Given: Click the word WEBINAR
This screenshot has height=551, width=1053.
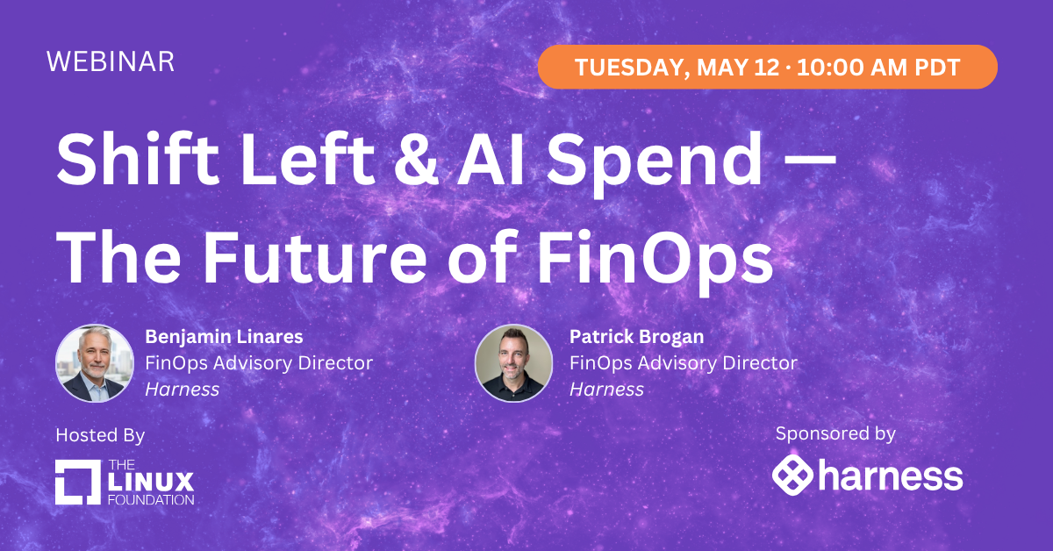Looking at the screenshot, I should pyautogui.click(x=111, y=61).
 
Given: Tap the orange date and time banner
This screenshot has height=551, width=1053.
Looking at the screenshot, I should pyautogui.click(x=767, y=67).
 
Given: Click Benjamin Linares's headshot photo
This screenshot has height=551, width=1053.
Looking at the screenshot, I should pyautogui.click(x=94, y=363).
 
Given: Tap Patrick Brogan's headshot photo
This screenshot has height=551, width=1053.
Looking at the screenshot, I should pyautogui.click(x=513, y=363).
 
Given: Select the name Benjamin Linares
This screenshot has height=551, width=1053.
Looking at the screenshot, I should pyautogui.click(x=225, y=336).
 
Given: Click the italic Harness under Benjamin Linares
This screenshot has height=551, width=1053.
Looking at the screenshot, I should pyautogui.click(x=182, y=390).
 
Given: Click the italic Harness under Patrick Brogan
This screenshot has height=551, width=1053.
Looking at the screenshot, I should pyautogui.click(x=606, y=390).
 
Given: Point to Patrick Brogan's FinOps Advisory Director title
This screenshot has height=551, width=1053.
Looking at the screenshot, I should pyautogui.click(x=683, y=362).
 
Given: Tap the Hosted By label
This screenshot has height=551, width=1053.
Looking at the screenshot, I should pyautogui.click(x=100, y=436).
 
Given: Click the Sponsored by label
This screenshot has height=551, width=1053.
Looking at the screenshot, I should pyautogui.click(x=835, y=433).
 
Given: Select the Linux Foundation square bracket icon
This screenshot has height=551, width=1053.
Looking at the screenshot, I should pyautogui.click(x=78, y=483).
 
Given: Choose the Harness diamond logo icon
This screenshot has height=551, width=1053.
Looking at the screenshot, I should pyautogui.click(x=792, y=476).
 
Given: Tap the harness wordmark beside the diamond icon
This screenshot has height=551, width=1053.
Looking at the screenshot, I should pyautogui.click(x=890, y=477).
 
